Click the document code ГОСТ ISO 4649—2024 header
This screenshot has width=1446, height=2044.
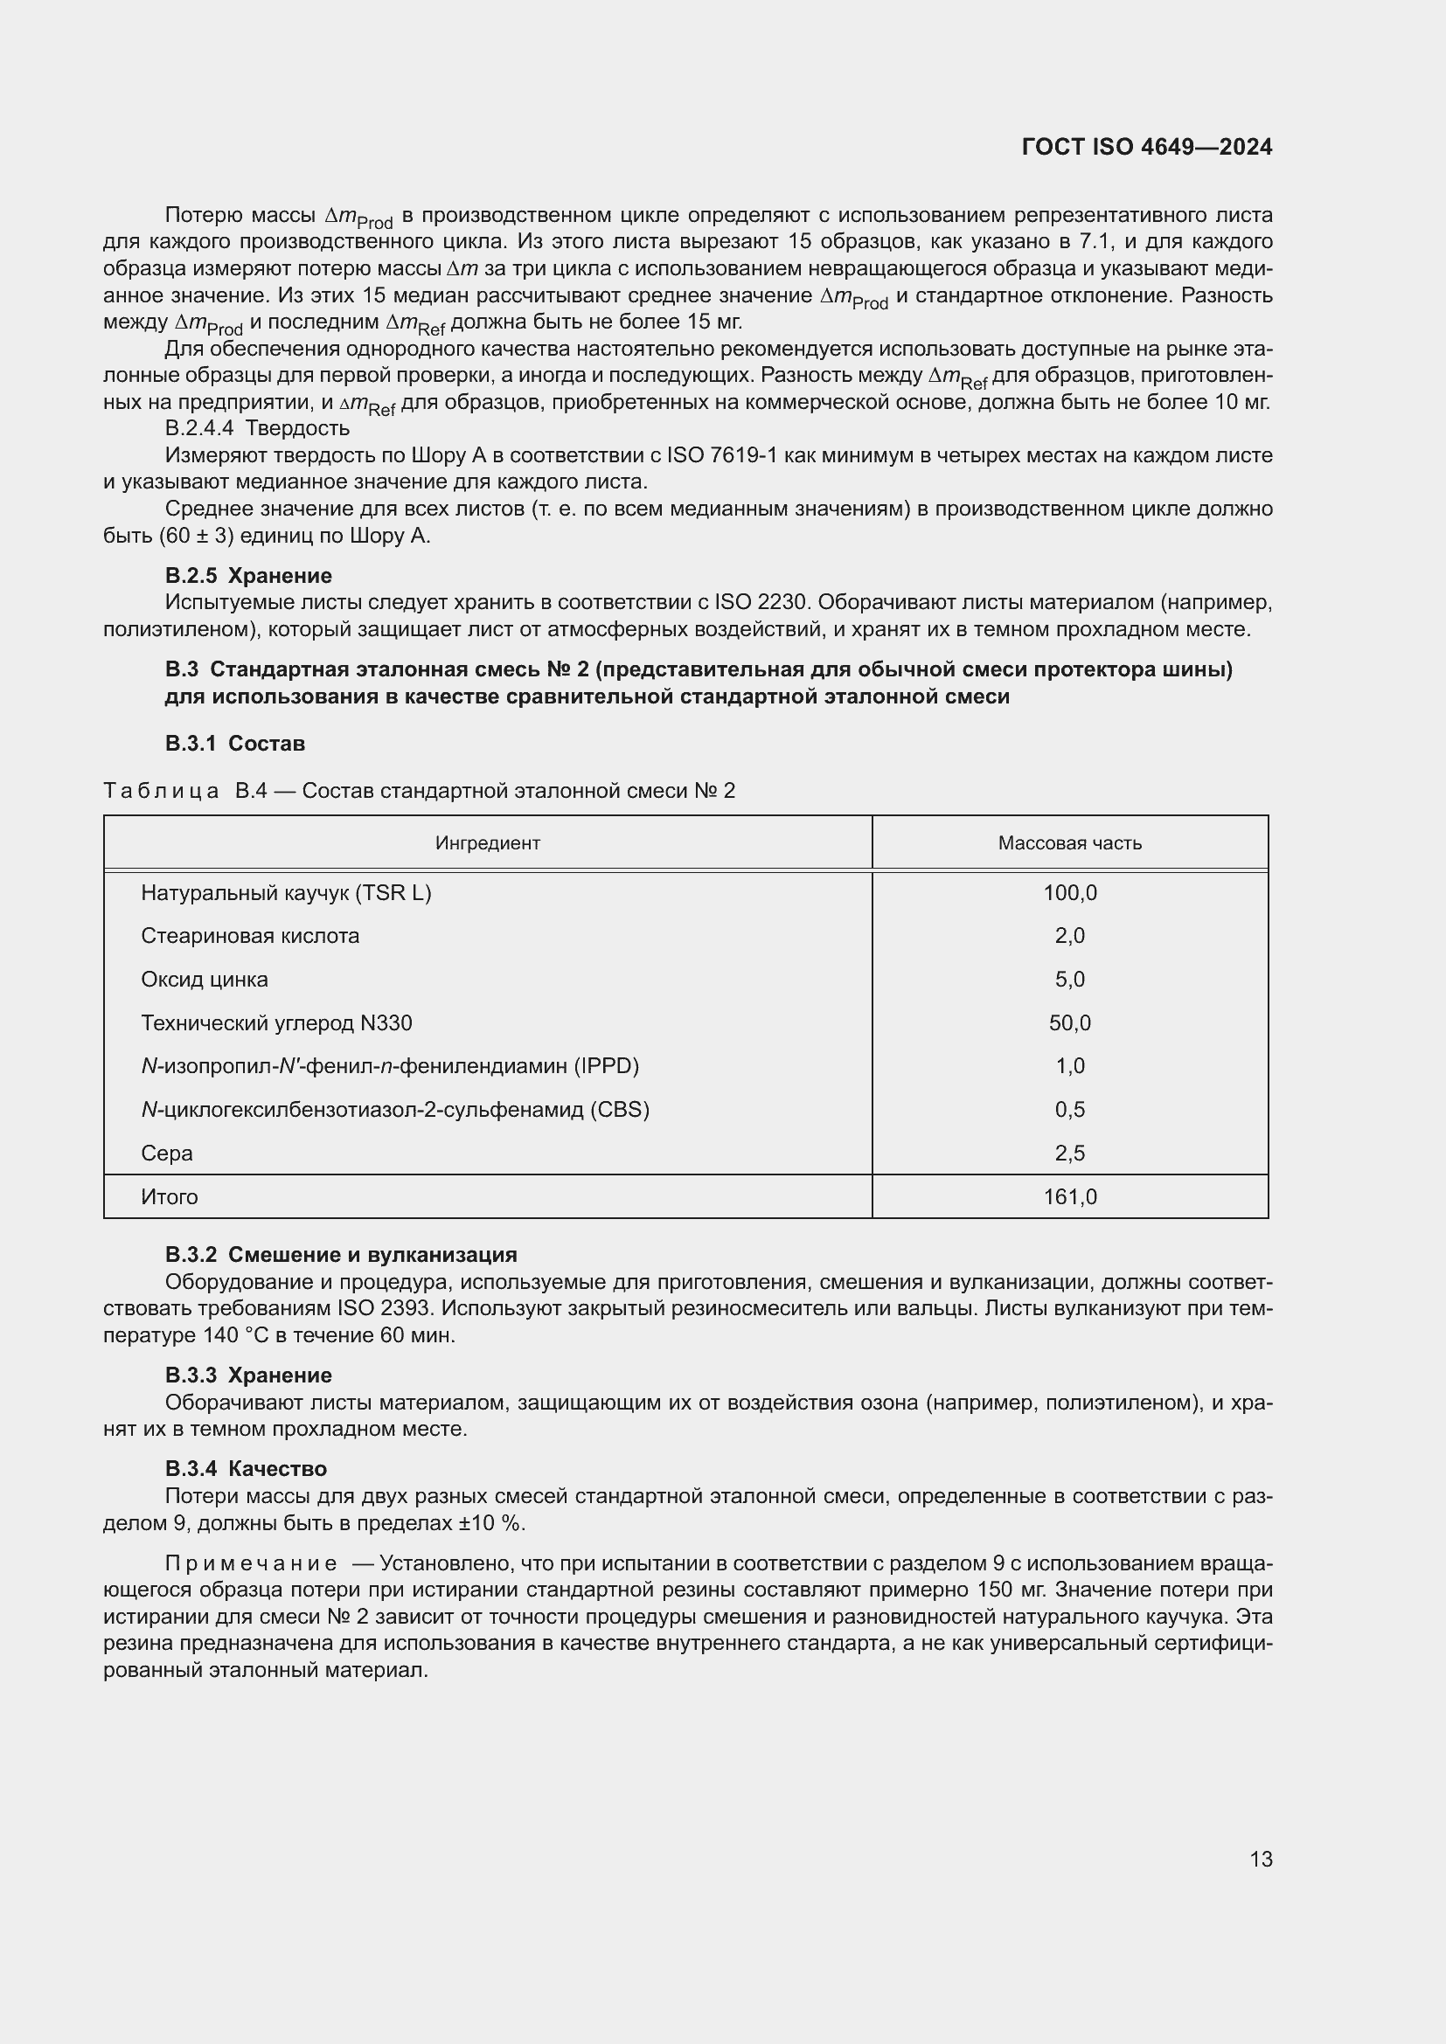(1147, 148)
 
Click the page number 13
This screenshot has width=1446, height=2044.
(1261, 1860)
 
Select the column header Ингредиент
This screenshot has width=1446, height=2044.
(487, 843)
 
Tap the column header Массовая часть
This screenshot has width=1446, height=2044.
(1069, 843)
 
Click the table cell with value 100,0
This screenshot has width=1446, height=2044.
(1069, 893)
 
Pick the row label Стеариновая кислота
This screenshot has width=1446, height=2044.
(250, 937)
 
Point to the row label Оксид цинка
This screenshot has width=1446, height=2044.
(204, 980)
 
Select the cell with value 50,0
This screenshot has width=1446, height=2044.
(1069, 1024)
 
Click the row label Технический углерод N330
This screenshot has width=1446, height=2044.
(276, 1024)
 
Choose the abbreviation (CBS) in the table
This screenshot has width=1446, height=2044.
(620, 1110)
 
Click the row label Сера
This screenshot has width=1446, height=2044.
(166, 1154)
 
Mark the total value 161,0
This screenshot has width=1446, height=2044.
(1069, 1197)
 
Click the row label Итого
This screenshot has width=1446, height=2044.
(170, 1197)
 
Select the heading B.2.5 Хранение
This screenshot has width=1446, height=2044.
(248, 576)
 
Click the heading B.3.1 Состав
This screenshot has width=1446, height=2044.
(235, 744)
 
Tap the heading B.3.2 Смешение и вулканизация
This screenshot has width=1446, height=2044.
(341, 1255)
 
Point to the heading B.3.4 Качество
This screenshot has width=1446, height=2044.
(246, 1469)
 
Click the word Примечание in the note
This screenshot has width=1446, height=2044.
(251, 1564)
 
